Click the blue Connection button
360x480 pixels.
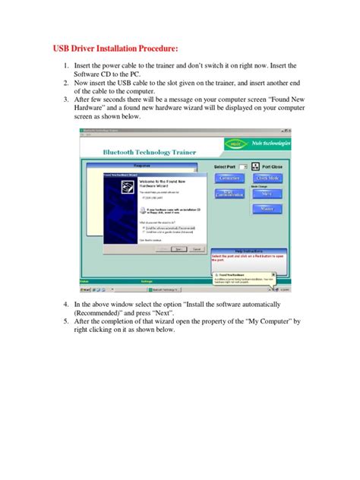point(229,177)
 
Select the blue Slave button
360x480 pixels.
point(267,193)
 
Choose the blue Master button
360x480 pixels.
point(267,208)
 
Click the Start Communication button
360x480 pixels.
point(229,193)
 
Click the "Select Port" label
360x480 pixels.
point(226,166)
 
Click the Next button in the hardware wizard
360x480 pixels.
point(178,248)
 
